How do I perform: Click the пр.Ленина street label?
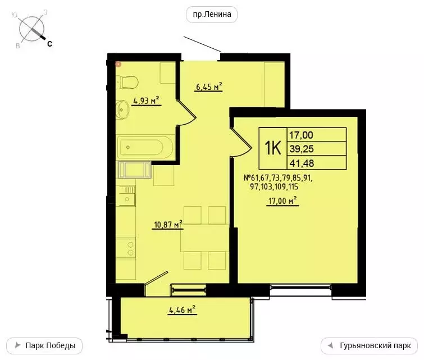(212, 15)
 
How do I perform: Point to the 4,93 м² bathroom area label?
(145, 101)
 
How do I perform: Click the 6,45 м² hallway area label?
(208, 86)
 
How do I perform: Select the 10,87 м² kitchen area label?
(168, 225)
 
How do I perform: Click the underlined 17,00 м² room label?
(282, 200)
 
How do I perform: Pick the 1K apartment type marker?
(273, 148)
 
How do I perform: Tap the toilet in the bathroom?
(129, 83)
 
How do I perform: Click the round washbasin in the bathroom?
(123, 109)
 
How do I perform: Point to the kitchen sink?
(127, 198)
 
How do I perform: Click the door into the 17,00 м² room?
(240, 140)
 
